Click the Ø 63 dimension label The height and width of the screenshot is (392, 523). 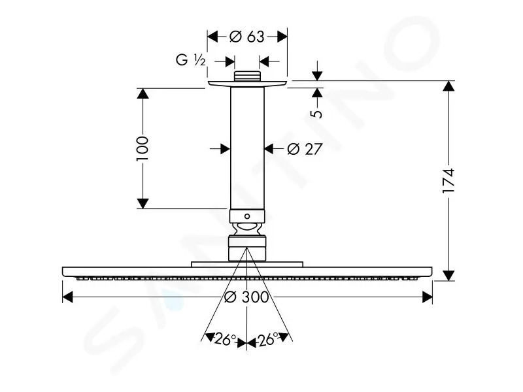247,37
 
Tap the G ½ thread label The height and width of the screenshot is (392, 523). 190,60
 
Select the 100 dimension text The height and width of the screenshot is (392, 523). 143,148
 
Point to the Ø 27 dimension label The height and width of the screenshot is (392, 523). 305,149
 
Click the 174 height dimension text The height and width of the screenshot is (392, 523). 448,181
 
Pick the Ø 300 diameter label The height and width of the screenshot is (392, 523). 246,297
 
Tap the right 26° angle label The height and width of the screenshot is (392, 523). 268,339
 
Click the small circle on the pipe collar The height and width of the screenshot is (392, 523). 247,216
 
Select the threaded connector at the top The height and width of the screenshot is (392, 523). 247,76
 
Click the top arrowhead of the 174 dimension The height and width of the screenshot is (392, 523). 449,86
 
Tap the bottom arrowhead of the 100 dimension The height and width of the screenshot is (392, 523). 143,203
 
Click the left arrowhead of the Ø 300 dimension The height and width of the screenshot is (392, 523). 68,297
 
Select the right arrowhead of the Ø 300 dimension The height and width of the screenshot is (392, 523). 428,297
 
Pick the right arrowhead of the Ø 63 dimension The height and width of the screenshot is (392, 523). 282,37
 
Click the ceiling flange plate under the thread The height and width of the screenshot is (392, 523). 247,84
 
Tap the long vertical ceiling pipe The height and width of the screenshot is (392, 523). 247,148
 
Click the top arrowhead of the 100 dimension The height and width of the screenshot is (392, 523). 143,93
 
